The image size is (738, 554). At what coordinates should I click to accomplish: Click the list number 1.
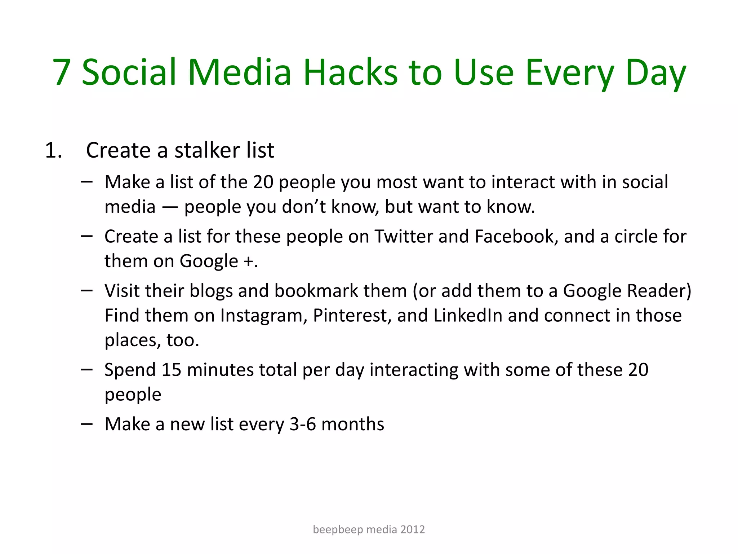click(53, 150)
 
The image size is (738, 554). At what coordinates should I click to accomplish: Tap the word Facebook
click(516, 237)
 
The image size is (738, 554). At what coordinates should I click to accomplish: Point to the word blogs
click(211, 291)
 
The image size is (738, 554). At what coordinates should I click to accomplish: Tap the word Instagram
click(263, 316)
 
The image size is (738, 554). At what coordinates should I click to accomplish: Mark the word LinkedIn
click(468, 316)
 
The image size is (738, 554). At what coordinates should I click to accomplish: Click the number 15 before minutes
click(171, 370)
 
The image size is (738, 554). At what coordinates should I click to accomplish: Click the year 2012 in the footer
click(413, 529)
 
